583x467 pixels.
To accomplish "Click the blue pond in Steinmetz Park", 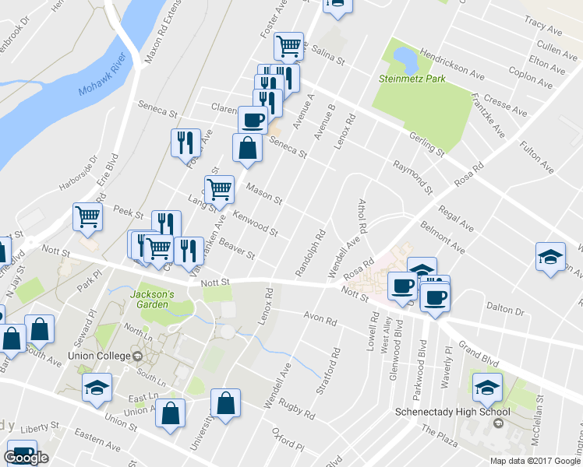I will [405, 57].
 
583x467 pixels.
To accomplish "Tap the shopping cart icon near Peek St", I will [88, 216].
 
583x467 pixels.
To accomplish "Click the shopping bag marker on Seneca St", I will [247, 148].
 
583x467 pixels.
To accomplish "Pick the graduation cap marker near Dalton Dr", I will [550, 256].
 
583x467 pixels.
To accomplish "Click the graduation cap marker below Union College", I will [97, 387].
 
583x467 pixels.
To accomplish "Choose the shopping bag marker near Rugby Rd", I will [225, 403].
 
